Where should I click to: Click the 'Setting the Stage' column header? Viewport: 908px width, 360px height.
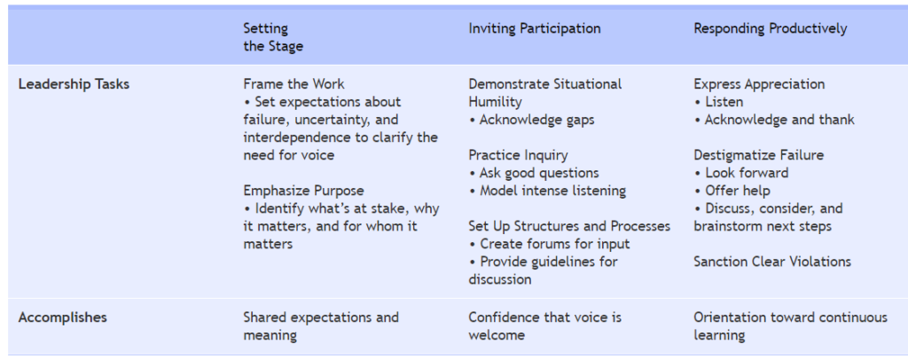click(273, 37)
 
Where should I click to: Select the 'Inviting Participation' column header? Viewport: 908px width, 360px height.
click(535, 28)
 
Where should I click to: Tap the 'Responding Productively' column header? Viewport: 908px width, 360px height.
click(771, 28)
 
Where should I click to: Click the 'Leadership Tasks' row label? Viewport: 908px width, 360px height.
click(74, 84)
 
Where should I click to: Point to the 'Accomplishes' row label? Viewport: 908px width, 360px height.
click(63, 317)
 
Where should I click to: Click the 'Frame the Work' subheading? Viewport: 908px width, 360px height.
click(294, 84)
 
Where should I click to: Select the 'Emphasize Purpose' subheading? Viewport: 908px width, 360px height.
click(303, 191)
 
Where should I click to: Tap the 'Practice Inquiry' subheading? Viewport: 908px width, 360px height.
click(518, 155)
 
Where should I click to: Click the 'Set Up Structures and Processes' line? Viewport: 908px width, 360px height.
click(569, 226)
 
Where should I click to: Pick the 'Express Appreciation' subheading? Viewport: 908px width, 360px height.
click(759, 84)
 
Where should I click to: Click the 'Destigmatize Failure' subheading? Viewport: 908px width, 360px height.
click(759, 155)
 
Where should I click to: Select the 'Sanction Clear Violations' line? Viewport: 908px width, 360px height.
click(772, 262)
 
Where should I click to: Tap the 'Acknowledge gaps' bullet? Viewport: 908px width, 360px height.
click(532, 120)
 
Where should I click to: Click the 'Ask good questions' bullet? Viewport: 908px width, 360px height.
click(534, 173)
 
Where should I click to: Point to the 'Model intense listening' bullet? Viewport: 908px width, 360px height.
click(547, 191)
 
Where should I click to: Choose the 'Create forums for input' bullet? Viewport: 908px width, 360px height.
click(549, 244)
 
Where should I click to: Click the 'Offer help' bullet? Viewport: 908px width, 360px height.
click(732, 191)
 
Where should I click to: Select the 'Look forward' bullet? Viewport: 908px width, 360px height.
click(741, 173)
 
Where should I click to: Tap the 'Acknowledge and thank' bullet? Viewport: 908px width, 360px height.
click(774, 120)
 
